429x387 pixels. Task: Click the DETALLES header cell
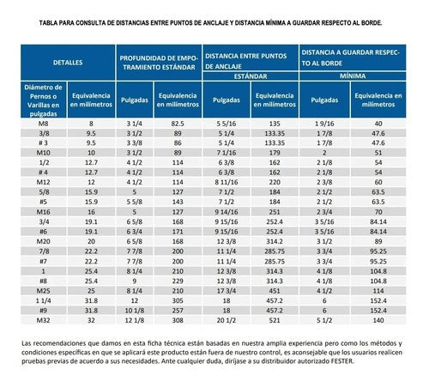[x=68, y=63]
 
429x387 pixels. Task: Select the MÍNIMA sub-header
[x=353, y=76]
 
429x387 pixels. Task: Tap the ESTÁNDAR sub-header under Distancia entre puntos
[x=251, y=76]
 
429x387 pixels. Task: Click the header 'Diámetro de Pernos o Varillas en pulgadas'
[x=44, y=100]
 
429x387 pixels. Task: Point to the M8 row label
[x=43, y=124]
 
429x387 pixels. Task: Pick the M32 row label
[x=43, y=320]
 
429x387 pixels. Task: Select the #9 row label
[x=43, y=311]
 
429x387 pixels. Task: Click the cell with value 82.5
[x=178, y=124]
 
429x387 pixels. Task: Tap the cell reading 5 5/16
[x=227, y=124]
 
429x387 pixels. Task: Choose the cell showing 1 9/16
[x=324, y=124]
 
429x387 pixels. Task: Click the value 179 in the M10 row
[x=275, y=153]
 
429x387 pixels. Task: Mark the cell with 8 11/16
[x=227, y=182]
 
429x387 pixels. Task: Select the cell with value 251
[x=275, y=212]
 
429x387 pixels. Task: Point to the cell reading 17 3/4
[x=227, y=291]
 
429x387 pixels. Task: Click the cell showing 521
[x=275, y=320]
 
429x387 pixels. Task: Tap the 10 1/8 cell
[x=135, y=311]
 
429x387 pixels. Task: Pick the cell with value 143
[x=178, y=202]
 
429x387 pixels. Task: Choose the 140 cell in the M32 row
[x=378, y=320]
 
